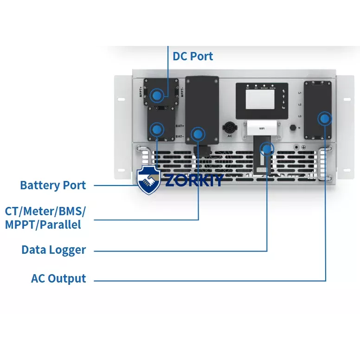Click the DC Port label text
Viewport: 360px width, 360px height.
pyautogui.click(x=193, y=57)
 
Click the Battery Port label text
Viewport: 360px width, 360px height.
pyautogui.click(x=53, y=186)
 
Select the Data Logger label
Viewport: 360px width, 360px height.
pyautogui.click(x=54, y=250)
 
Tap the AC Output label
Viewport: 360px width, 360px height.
pyautogui.click(x=58, y=279)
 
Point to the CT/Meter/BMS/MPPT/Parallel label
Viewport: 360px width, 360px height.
pyautogui.click(x=45, y=218)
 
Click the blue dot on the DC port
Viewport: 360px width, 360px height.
pyautogui.click(x=158, y=96)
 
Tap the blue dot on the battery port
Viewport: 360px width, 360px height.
pyautogui.click(x=158, y=129)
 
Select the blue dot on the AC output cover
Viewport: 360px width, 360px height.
pyautogui.click(x=325, y=119)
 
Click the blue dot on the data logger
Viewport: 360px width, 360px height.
pyautogui.click(x=267, y=149)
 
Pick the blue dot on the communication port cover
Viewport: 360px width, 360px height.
pyautogui.click(x=199, y=135)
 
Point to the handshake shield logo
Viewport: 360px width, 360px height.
pyautogui.click(x=148, y=180)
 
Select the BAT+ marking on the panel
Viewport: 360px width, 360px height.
pyautogui.click(x=180, y=126)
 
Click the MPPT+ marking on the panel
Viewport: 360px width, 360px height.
pyautogui.click(x=140, y=88)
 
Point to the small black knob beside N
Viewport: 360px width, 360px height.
pyautogui.click(x=293, y=127)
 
